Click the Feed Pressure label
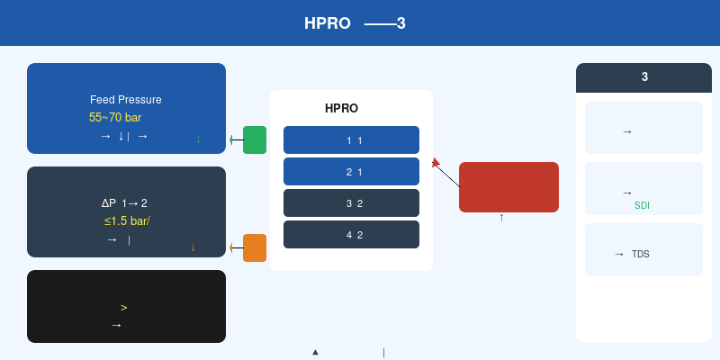click(x=125, y=100)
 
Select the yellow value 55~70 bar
click(x=115, y=118)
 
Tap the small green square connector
click(x=255, y=139)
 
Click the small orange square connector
click(x=255, y=248)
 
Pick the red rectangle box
click(x=508, y=187)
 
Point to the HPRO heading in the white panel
click(x=341, y=108)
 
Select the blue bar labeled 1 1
click(x=351, y=139)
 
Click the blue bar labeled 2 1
click(x=351, y=171)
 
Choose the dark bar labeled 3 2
click(x=351, y=203)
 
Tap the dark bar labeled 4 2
click(x=351, y=234)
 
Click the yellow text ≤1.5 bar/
click(x=127, y=220)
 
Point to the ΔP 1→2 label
click(x=124, y=203)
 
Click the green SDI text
click(x=642, y=206)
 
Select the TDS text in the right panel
click(x=641, y=254)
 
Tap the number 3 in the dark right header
click(x=644, y=77)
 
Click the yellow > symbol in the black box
click(x=124, y=308)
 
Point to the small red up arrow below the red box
click(x=501, y=218)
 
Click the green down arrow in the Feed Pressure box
click(x=198, y=139)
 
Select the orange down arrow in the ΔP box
click(x=193, y=247)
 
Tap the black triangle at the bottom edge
click(x=316, y=352)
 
